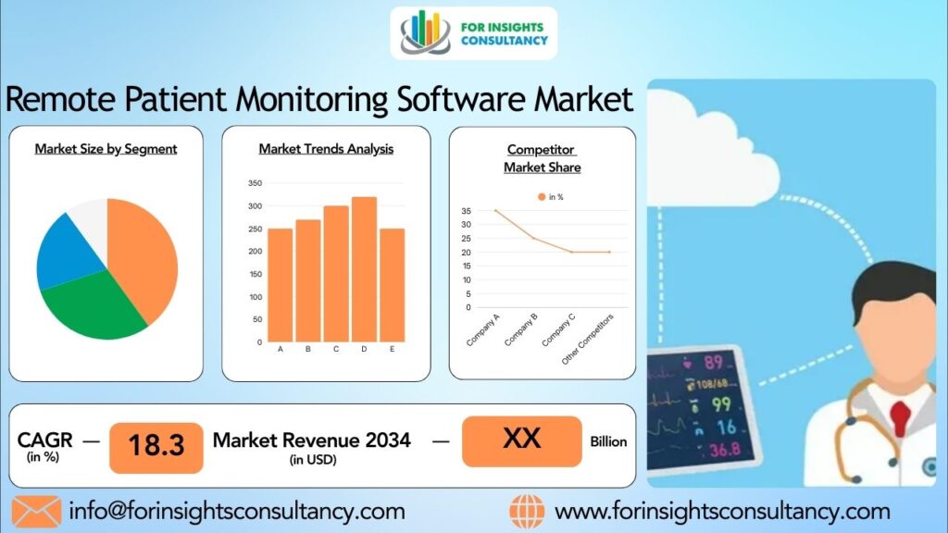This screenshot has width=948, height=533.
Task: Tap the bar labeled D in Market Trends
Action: click(364, 269)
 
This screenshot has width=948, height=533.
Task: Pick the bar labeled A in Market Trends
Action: click(280, 285)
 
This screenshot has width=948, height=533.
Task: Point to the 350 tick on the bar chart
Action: click(256, 183)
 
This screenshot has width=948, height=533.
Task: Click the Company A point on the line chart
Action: click(496, 210)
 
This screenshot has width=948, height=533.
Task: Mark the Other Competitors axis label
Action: click(587, 339)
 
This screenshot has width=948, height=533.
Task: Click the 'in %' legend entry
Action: click(551, 197)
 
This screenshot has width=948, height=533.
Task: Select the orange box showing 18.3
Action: click(156, 448)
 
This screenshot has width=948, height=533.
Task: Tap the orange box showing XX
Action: click(522, 441)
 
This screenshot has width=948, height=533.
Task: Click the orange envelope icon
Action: click(36, 511)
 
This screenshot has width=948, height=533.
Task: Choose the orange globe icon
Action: click(527, 512)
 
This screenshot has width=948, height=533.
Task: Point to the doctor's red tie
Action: click(900, 417)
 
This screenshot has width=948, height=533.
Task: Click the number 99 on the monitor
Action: click(720, 404)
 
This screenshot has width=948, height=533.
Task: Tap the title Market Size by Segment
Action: click(106, 149)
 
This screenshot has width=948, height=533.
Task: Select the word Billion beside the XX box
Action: click(608, 441)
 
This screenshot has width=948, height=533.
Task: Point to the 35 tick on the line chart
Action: click(467, 211)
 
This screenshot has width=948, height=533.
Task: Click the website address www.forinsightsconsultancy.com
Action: click(722, 512)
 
